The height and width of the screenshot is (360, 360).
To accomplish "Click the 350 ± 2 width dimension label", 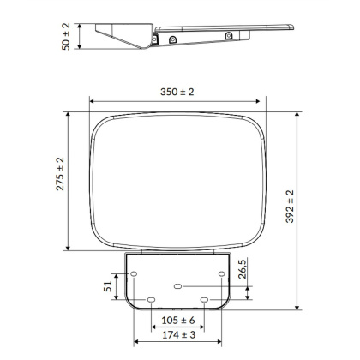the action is [x=177, y=92].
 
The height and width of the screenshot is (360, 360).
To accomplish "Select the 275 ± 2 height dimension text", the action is [x=60, y=174].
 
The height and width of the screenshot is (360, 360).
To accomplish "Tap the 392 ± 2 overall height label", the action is [x=290, y=207].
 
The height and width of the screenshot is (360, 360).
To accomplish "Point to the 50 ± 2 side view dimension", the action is [x=66, y=37].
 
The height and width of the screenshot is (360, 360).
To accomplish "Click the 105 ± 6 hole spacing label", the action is [x=178, y=321].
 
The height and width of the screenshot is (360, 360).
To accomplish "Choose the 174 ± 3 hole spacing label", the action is [x=178, y=335].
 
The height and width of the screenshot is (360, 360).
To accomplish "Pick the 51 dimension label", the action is [x=108, y=286].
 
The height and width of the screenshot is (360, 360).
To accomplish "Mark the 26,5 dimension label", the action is [x=243, y=269].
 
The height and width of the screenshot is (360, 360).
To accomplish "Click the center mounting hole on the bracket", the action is [x=177, y=286].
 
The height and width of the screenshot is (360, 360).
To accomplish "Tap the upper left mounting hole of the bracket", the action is [x=134, y=274].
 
